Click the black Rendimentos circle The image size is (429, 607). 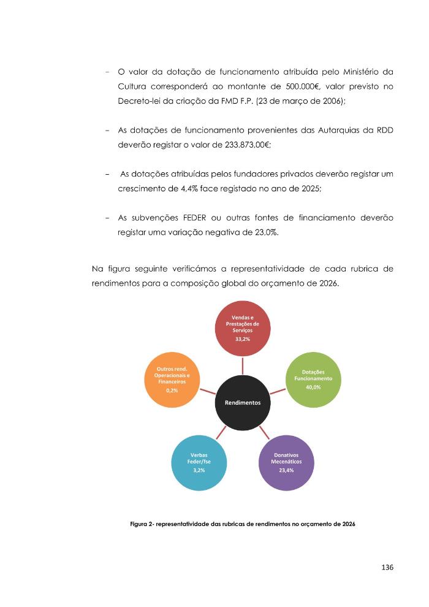click(x=243, y=403)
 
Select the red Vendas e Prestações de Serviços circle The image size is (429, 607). click(x=243, y=329)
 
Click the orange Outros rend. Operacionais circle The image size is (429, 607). click(x=172, y=380)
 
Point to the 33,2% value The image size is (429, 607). click(x=243, y=338)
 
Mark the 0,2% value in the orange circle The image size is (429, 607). click(x=172, y=390)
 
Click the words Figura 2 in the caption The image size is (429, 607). click(x=144, y=524)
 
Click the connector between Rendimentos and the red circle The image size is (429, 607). click(x=243, y=367)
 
